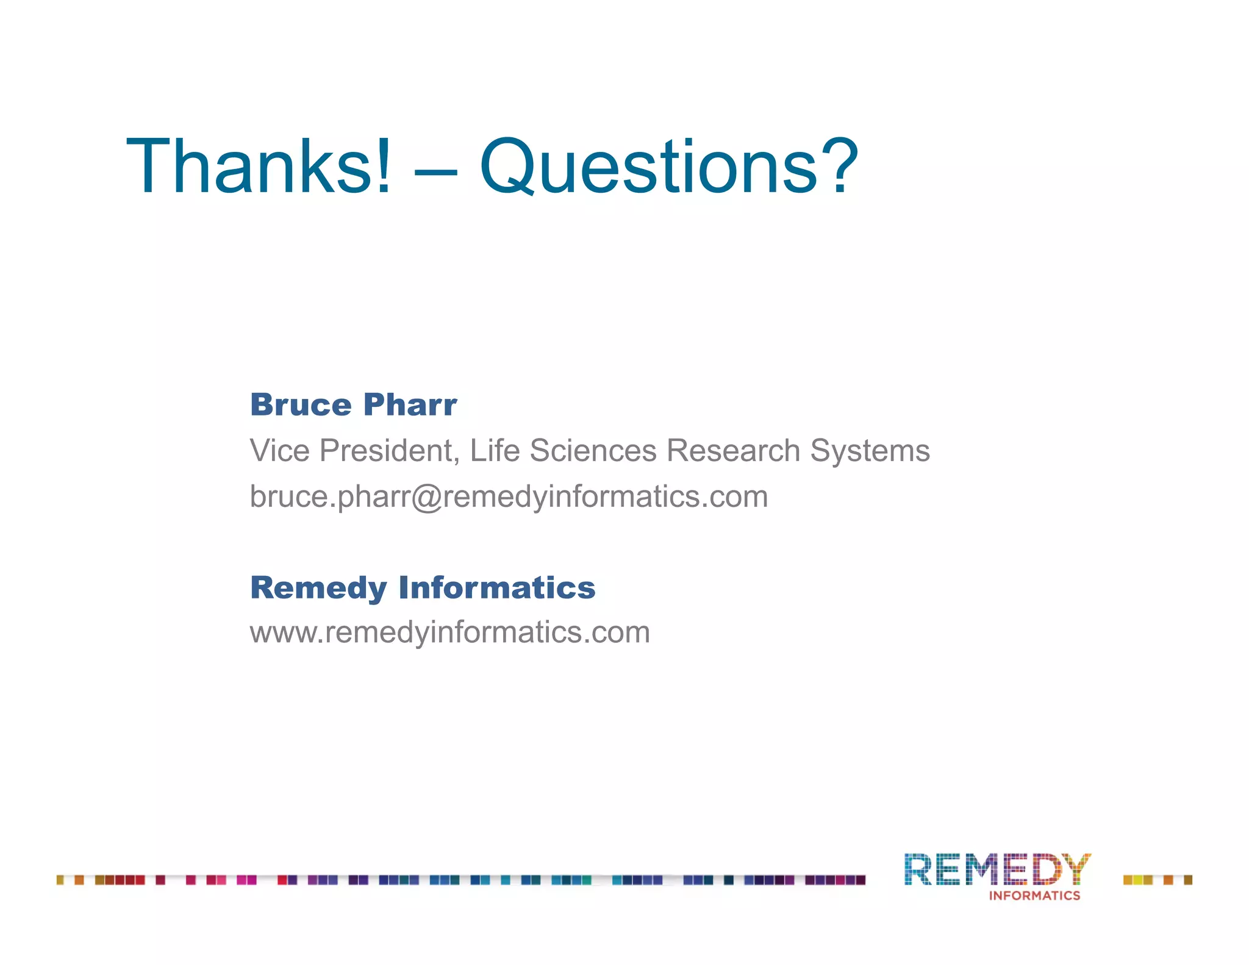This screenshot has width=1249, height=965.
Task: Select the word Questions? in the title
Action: [x=668, y=166]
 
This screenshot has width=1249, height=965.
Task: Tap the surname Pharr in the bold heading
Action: [x=410, y=404]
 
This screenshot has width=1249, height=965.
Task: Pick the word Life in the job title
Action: [x=495, y=451]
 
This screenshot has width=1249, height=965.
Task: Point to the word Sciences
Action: [x=593, y=451]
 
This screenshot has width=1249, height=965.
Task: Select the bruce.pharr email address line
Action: [x=509, y=497]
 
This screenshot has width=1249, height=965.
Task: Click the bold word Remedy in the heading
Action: [x=318, y=588]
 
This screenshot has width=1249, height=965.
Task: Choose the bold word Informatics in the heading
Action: [x=496, y=587]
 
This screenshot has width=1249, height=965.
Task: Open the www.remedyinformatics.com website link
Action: [x=449, y=632]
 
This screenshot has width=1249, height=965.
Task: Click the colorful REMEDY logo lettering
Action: [x=997, y=869]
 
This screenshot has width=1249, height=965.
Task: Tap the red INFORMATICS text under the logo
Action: [x=1034, y=895]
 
